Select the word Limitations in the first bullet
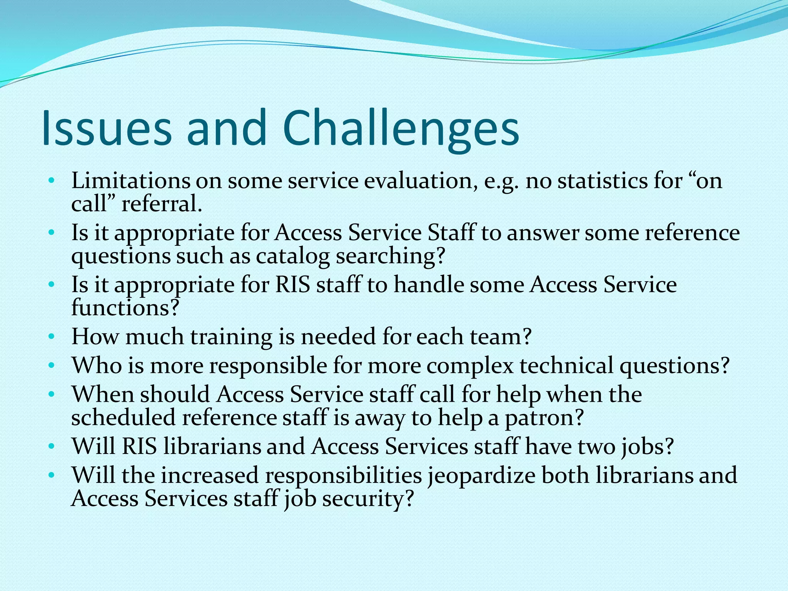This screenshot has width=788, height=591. (130, 180)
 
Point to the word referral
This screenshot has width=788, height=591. (162, 204)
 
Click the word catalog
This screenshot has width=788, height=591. (293, 256)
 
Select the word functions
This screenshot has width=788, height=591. (125, 308)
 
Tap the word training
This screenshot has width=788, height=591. (231, 337)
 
